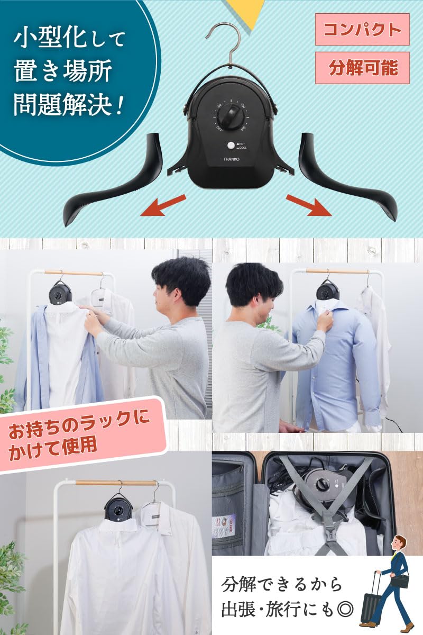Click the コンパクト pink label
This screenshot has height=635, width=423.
pos(362,30)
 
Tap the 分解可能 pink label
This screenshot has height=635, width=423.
pos(362,68)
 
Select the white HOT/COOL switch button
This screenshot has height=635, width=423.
pos(231,146)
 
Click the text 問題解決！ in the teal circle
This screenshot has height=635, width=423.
pos(68,104)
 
